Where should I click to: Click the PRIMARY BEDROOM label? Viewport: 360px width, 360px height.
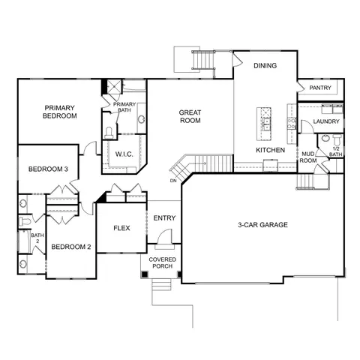(60, 112)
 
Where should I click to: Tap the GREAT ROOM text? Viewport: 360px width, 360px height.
(190, 116)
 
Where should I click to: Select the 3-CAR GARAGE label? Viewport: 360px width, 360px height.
(262, 225)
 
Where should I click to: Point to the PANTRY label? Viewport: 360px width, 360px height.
(320, 88)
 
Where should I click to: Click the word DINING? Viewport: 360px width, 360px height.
(265, 65)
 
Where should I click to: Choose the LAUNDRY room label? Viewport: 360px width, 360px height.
(326, 121)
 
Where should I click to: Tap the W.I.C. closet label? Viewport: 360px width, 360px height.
(124, 154)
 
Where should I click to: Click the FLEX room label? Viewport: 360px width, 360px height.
(121, 228)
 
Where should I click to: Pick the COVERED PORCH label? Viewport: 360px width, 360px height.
(163, 262)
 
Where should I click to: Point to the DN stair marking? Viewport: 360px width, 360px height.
(173, 181)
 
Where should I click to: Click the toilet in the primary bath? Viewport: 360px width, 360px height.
(109, 133)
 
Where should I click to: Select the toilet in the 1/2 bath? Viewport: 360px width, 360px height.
(337, 140)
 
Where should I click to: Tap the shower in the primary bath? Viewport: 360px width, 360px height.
(115, 86)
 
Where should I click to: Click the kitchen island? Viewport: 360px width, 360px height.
(264, 124)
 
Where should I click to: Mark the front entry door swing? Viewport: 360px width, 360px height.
(165, 236)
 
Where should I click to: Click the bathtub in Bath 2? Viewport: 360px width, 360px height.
(25, 241)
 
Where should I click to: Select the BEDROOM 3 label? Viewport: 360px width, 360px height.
(48, 169)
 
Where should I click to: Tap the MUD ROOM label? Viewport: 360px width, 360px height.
(308, 157)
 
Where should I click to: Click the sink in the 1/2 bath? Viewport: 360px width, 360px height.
(325, 138)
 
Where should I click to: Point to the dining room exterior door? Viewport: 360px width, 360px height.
(238, 60)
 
